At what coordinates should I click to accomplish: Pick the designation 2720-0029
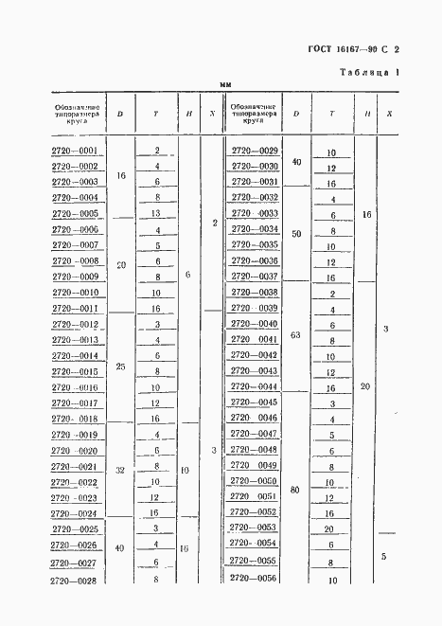[x=256, y=152]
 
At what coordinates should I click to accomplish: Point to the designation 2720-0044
[x=256, y=387]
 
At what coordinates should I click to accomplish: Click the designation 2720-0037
[x=256, y=277]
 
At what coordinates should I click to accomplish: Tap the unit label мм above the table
[x=225, y=85]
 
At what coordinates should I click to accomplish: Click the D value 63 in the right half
[x=296, y=334]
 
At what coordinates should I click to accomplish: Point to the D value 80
[x=296, y=491]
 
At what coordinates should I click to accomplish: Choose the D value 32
[x=120, y=469]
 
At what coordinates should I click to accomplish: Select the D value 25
[x=120, y=366]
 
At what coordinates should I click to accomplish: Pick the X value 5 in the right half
[x=382, y=556]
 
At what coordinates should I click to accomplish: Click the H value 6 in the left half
[x=187, y=274]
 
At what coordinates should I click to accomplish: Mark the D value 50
[x=296, y=233]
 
